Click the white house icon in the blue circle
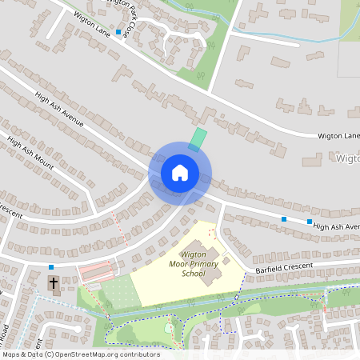point(179,173)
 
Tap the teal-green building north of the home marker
point(197,139)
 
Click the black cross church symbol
point(54,282)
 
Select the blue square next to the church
point(51,267)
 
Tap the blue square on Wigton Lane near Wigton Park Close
point(118,33)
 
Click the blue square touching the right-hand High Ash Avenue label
point(310,221)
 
